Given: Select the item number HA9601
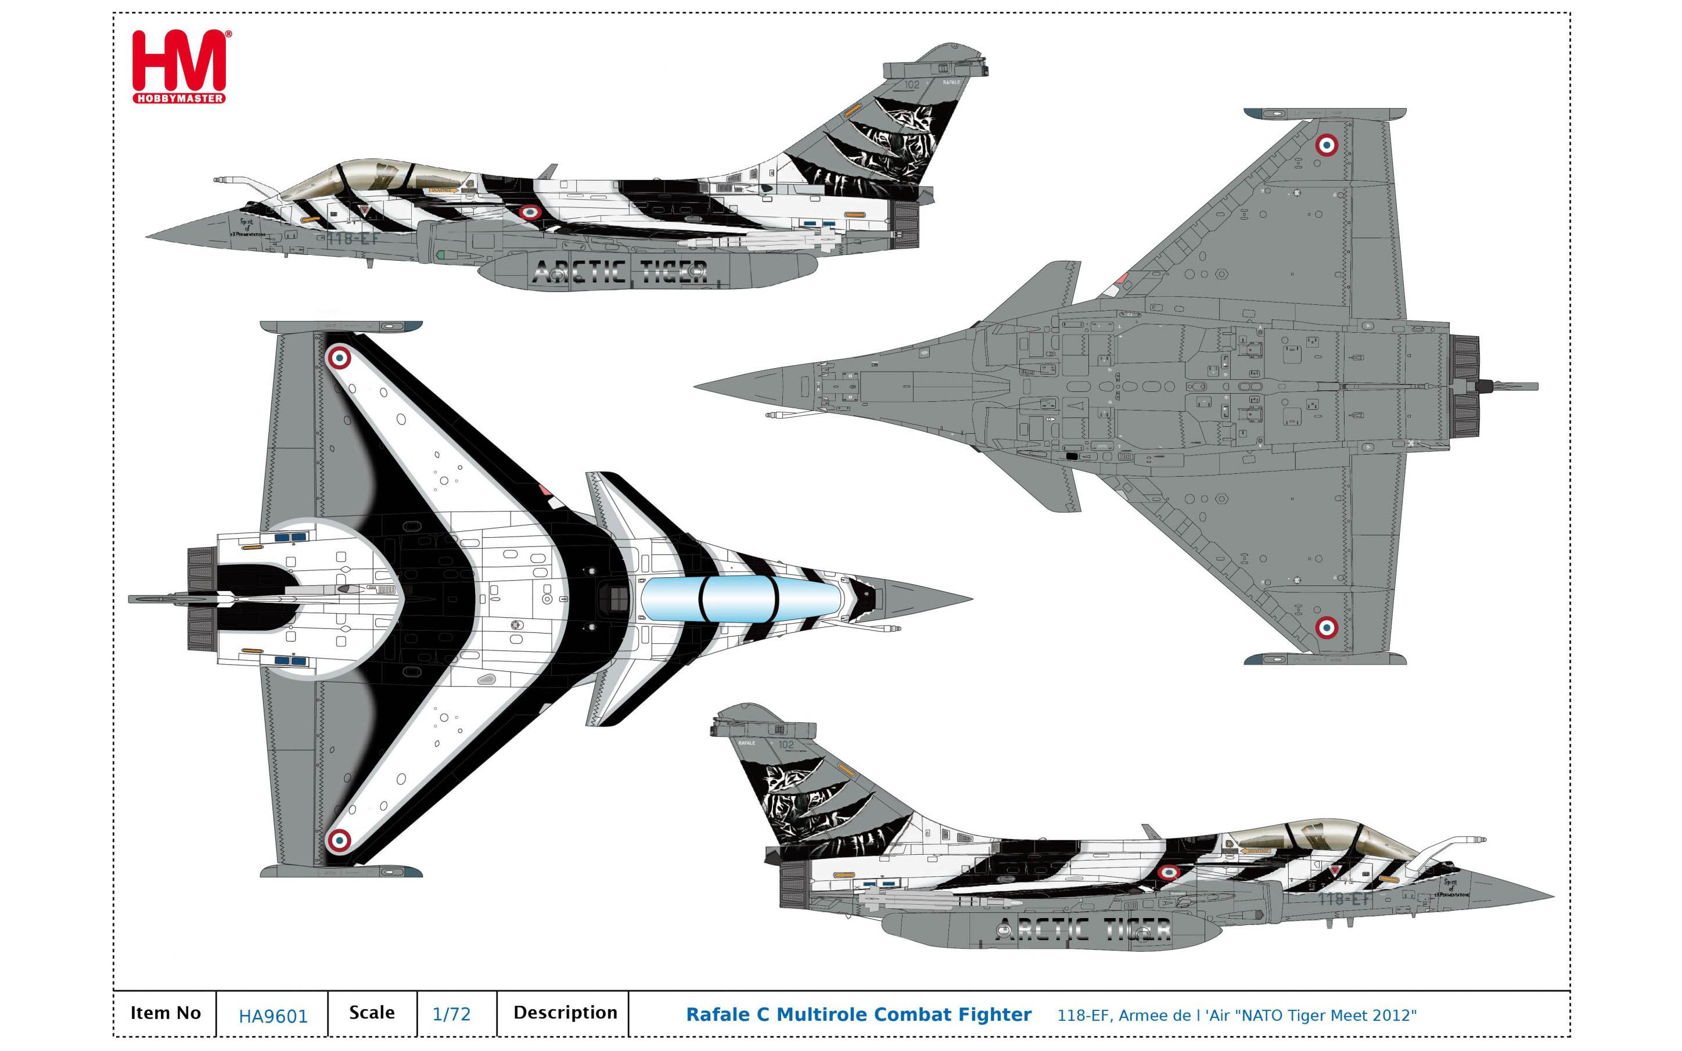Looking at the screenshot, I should [x=272, y=1016].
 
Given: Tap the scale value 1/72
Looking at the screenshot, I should [x=451, y=1014].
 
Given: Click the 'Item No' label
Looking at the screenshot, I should [x=166, y=1013].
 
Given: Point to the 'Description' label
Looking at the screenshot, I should [x=565, y=1013].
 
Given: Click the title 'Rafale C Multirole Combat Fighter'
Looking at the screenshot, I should [x=858, y=1015].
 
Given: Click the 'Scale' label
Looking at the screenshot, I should [x=371, y=1013].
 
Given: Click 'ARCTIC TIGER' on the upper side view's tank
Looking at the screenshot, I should [x=620, y=272].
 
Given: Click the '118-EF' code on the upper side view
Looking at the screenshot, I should [x=354, y=239].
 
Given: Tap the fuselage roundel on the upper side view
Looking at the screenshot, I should [x=529, y=212].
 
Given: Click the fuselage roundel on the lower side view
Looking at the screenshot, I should [x=1169, y=872].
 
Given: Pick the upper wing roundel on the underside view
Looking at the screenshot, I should [x=1326, y=145].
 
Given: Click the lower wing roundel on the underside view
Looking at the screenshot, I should [x=1326, y=628].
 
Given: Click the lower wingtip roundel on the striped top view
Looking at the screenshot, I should [x=339, y=840].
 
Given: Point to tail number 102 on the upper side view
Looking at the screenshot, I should [x=912, y=84].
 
